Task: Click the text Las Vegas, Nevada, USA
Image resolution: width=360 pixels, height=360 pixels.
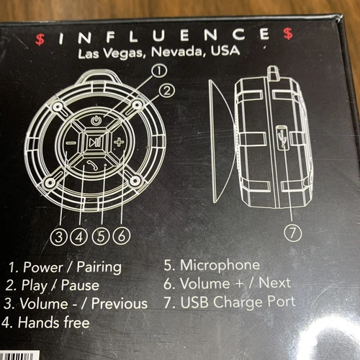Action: coord(161,53)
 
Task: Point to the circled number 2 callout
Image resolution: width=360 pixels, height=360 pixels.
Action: coord(167,91)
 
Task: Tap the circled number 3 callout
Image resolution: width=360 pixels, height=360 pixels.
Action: coord(60,234)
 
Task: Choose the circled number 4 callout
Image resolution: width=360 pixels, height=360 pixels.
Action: coord(80,234)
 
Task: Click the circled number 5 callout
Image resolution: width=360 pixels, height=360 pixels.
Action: coord(101,234)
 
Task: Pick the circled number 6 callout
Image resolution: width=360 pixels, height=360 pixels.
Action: coord(121,234)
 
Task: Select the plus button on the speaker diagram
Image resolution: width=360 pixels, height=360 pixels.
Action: coord(118,142)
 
